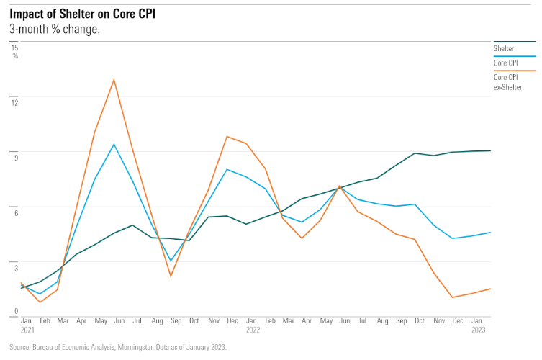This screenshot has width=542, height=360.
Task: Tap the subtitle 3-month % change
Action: pyautogui.click(x=55, y=29)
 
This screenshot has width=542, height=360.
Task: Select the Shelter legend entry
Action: pyautogui.click(x=503, y=48)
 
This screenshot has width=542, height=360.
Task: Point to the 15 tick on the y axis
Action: pyautogui.click(x=14, y=47)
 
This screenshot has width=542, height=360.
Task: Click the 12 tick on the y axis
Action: pyautogui.click(x=14, y=101)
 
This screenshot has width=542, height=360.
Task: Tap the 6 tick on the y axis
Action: pyautogui.click(x=14, y=207)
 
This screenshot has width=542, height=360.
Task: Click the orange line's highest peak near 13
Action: pyautogui.click(x=114, y=79)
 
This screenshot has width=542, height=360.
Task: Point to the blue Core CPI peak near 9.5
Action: pyautogui.click(x=114, y=144)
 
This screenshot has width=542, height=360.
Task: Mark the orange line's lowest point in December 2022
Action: pyautogui.click(x=452, y=297)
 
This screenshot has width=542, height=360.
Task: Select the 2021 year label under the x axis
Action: pyautogui.click(x=27, y=331)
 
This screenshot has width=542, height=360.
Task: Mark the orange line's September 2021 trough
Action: pyautogui.click(x=171, y=276)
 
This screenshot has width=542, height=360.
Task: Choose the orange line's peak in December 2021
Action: pyautogui.click(x=227, y=136)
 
